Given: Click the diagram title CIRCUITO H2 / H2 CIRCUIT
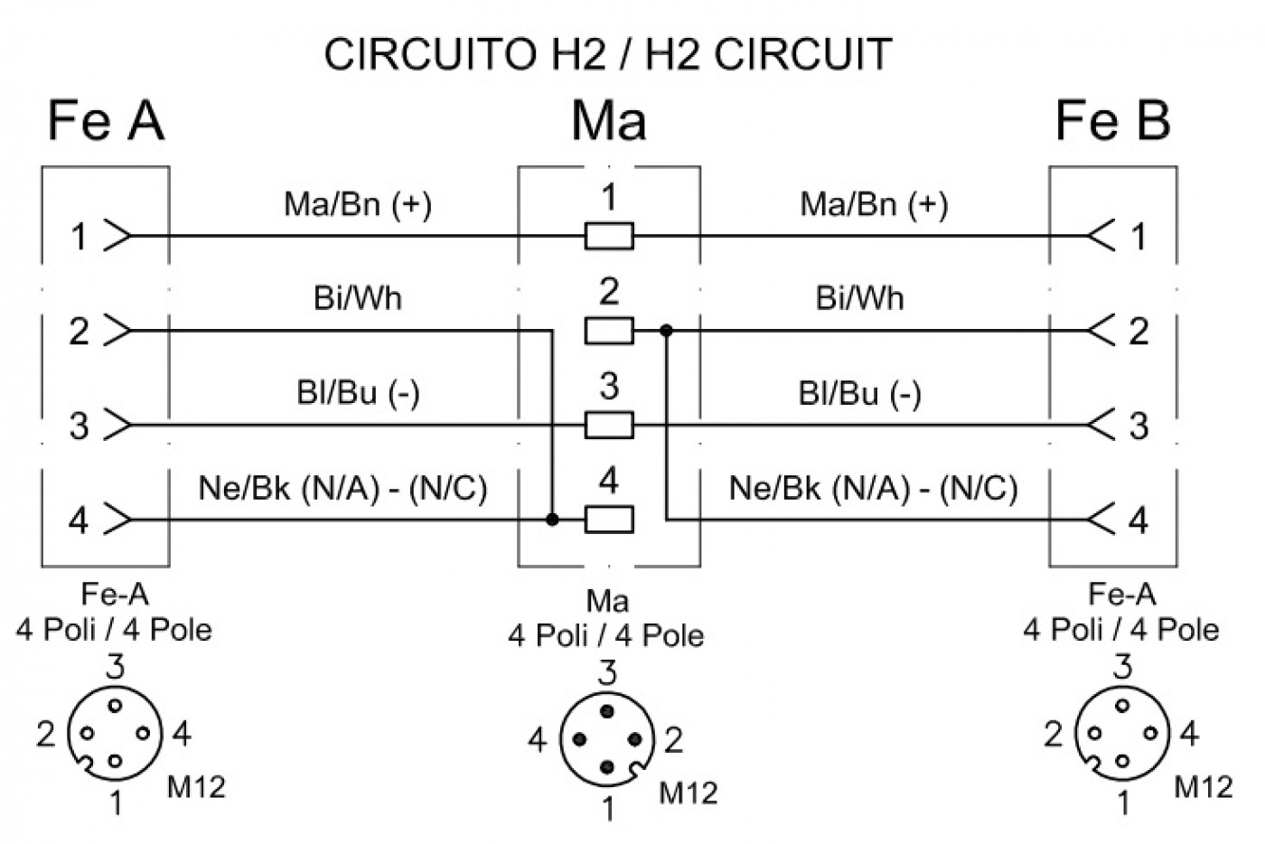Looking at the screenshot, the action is coord(607,55).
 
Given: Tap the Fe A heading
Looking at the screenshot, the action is coord(107,120).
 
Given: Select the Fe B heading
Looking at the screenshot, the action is coord(1112,120).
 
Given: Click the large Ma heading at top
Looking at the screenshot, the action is coord(609,121).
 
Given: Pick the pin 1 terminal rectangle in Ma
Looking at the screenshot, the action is coord(609,236).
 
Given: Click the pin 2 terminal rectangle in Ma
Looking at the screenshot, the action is coord(609,331).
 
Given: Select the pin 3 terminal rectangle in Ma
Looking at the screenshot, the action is coord(609,425).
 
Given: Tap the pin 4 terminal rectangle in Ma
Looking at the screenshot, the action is coord(609,520).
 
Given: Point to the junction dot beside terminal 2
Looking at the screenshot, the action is coord(667,331).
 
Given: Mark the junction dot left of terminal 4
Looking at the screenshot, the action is coord(552,520).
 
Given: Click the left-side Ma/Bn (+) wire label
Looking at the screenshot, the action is coord(358,204).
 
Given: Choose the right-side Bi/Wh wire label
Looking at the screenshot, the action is coord(859,298).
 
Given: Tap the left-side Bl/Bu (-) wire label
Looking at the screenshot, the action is coord(358,393).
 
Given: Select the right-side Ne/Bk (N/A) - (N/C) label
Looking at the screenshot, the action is coord(873,488).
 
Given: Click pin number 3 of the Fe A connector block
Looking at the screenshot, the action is coord(80,426).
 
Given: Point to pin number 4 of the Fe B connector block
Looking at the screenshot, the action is coord(1138,520).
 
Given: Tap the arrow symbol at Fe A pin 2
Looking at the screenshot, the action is coord(117,331).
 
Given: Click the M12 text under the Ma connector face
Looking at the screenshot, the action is coord(688,793).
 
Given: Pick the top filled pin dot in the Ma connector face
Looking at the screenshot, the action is coord(607,711).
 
